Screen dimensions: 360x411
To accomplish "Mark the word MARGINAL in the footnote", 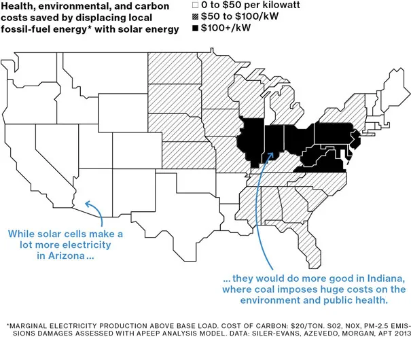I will coord(35,325).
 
